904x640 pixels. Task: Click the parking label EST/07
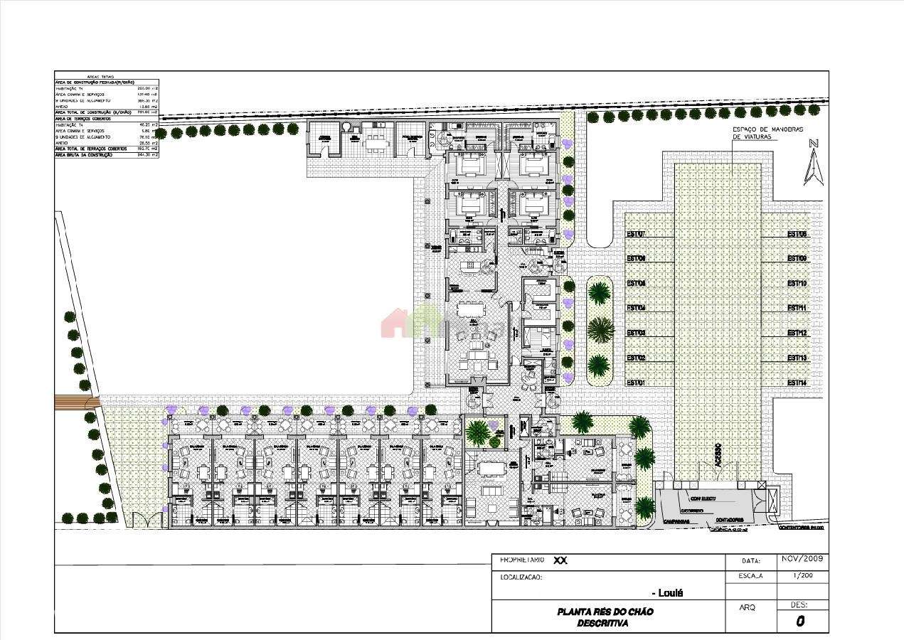tap(635, 234)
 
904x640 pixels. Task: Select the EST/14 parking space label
tap(797, 383)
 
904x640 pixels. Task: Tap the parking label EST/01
tap(635, 383)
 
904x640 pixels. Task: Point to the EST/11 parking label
tap(797, 308)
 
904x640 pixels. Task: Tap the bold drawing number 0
tap(800, 621)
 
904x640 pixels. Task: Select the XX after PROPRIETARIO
tap(560, 560)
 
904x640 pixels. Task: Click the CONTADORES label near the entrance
tap(729, 518)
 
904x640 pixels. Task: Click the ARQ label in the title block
tap(748, 608)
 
